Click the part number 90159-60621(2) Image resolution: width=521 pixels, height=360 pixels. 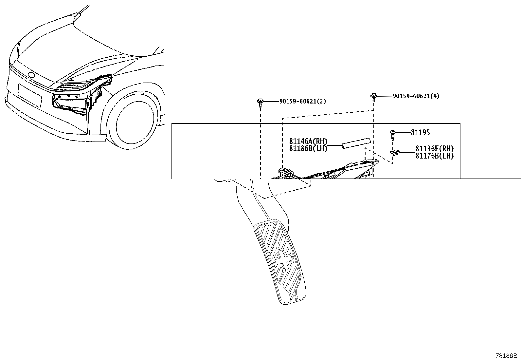click(x=303, y=101)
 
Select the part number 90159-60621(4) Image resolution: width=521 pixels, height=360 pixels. click(x=416, y=96)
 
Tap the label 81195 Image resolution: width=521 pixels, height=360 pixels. click(x=420, y=132)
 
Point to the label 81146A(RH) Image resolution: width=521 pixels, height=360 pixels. click(x=308, y=141)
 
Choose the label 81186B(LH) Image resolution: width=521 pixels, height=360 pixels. click(x=308, y=148)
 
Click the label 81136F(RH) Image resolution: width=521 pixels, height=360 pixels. click(x=435, y=149)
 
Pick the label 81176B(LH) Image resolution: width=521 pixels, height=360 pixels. click(x=435, y=156)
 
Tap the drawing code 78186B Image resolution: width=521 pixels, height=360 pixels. click(x=506, y=356)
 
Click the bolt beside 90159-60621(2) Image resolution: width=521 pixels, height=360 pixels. click(x=260, y=103)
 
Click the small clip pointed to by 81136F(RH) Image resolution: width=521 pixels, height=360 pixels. click(x=394, y=153)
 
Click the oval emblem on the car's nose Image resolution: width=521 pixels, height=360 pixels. click(x=31, y=75)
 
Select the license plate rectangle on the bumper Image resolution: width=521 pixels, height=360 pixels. click(x=30, y=96)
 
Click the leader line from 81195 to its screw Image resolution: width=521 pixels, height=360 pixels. click(x=403, y=133)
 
